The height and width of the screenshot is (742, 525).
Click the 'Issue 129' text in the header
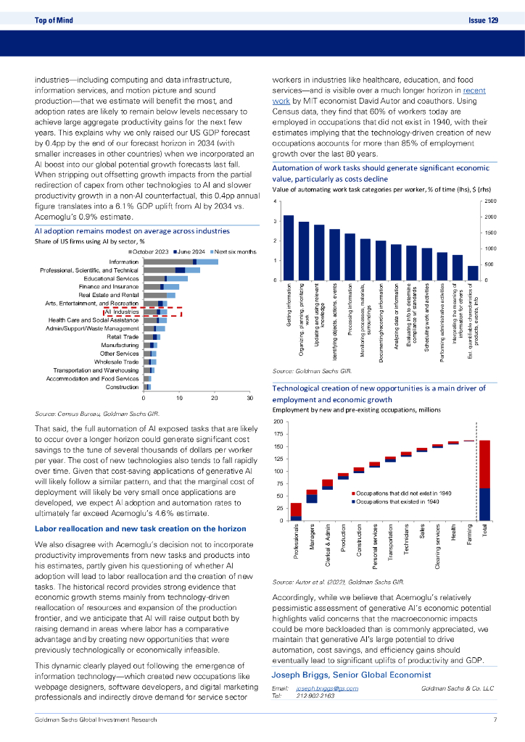pos(483,20)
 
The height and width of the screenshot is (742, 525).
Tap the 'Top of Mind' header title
pos(53,20)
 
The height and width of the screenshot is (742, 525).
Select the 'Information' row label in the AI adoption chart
pos(123,261)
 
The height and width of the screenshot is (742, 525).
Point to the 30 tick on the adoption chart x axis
pos(249,399)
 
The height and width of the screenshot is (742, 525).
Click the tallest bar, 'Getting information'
pos(288,247)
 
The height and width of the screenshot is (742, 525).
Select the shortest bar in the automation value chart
pos(473,272)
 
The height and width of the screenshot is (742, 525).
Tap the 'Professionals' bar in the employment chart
pos(296,512)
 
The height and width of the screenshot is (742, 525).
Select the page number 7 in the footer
pos(494,720)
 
